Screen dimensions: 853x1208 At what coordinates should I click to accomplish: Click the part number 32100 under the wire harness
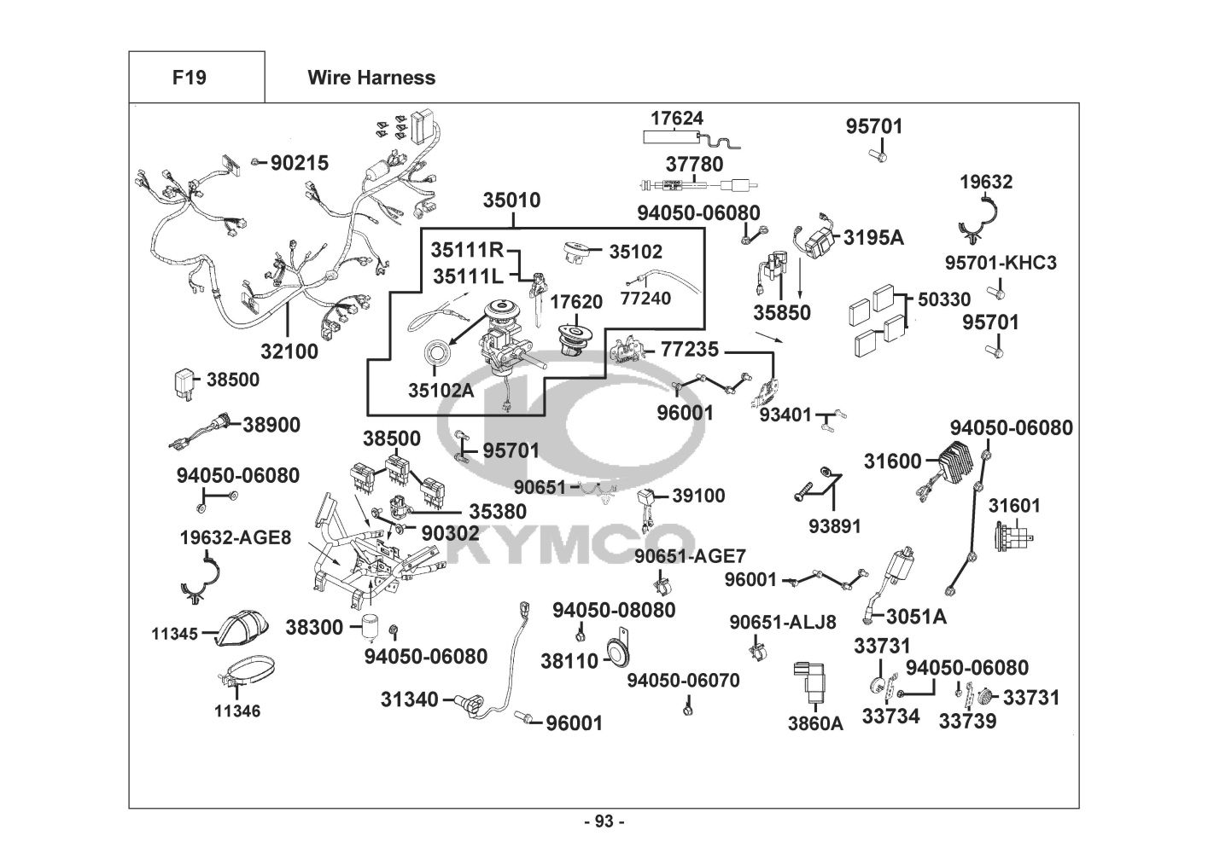289,351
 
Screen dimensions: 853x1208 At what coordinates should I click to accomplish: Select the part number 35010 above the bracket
511,201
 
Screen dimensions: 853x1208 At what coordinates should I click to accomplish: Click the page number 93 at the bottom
604,821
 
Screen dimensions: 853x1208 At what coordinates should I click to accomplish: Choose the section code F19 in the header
189,78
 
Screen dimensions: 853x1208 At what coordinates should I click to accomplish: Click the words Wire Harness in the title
371,78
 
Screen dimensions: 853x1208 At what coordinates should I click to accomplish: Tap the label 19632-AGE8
236,538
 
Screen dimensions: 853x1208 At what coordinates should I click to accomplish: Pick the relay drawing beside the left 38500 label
184,383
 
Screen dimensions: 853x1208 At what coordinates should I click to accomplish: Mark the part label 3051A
916,616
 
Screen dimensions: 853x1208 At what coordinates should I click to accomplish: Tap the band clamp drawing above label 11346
242,676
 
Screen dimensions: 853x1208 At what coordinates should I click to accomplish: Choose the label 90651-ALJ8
782,622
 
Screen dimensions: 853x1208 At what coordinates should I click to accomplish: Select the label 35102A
440,391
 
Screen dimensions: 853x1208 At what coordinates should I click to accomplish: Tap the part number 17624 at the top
677,119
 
